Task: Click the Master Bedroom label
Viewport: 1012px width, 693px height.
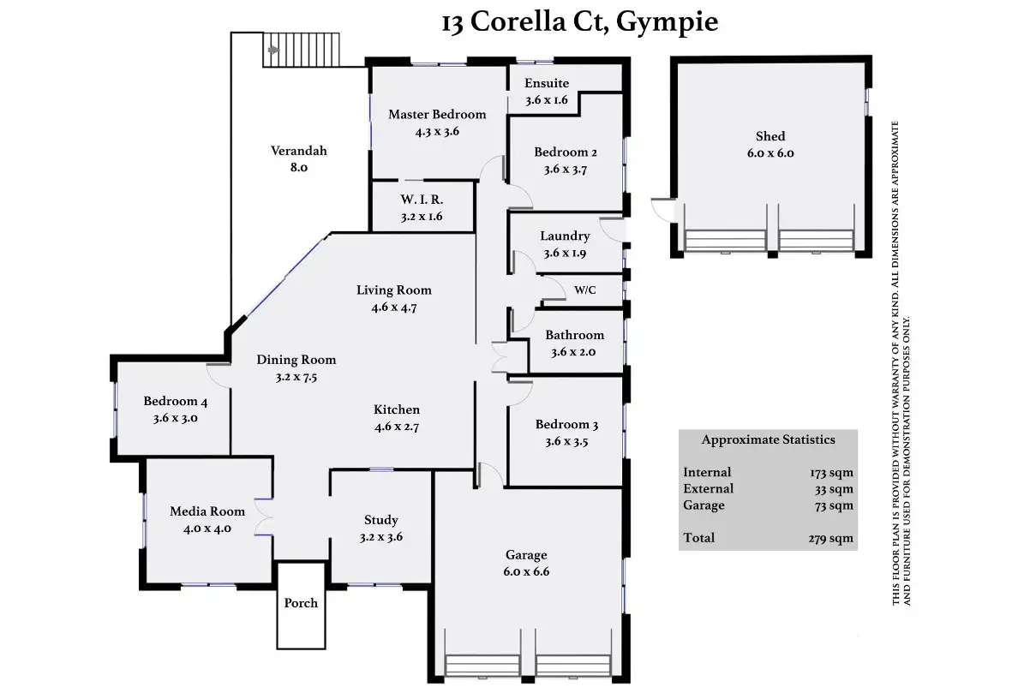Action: click(x=437, y=115)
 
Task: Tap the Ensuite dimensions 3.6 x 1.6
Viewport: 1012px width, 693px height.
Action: click(x=547, y=100)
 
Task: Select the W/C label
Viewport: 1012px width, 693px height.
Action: click(x=585, y=290)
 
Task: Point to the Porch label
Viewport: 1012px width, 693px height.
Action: click(x=301, y=603)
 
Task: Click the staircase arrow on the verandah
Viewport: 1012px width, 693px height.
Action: click(x=273, y=50)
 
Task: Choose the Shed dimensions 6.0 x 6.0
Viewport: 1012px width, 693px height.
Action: click(x=769, y=153)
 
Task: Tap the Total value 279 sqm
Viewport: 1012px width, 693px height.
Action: click(x=832, y=539)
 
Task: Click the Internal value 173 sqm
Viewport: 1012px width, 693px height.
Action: click(x=832, y=473)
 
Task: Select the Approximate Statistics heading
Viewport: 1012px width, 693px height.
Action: click(x=768, y=440)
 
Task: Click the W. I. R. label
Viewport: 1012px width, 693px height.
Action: click(x=420, y=200)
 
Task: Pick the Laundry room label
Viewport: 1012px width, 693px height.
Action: click(x=565, y=236)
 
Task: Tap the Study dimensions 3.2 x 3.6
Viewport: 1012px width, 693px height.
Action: click(x=381, y=538)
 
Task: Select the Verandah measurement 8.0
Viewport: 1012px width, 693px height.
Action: click(x=298, y=169)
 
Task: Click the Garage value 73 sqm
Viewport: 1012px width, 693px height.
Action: click(x=835, y=505)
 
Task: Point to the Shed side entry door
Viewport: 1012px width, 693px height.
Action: click(x=662, y=208)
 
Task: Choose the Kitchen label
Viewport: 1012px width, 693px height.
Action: click(x=397, y=410)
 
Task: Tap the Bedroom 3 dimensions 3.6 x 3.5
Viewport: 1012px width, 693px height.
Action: click(x=566, y=443)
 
